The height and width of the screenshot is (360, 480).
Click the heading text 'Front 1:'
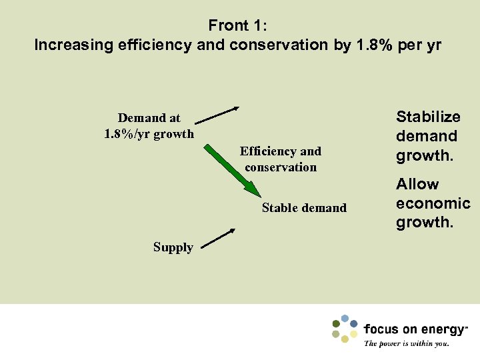[238, 26]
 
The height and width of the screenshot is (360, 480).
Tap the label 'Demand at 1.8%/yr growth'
[149, 126]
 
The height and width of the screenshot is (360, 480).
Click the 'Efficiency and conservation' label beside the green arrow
[281, 159]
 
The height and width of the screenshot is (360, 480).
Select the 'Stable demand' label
[304, 208]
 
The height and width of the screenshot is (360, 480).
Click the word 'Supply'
[173, 247]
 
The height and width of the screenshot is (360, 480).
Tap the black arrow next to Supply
[218, 239]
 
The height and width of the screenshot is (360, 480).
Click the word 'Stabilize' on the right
[428, 117]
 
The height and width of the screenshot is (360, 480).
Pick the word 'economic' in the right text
[433, 203]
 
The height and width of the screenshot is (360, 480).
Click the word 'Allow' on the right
[417, 184]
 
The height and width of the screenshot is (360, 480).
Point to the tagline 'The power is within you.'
[407, 344]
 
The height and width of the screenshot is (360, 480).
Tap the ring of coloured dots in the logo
[345, 328]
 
